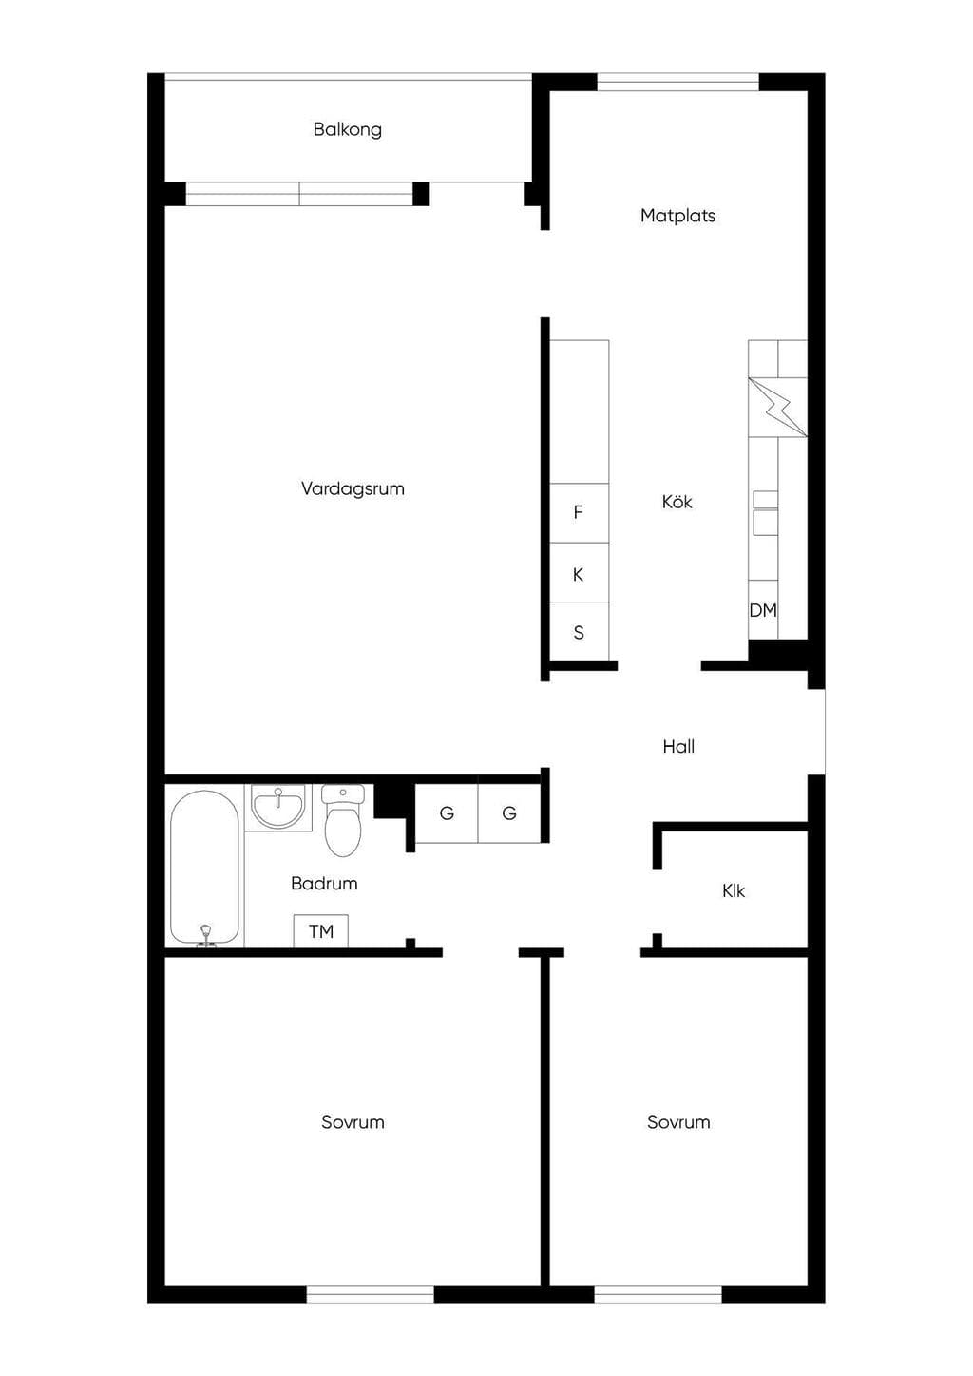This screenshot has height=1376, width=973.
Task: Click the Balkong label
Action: (x=347, y=129)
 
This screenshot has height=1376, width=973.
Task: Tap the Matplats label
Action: (x=677, y=216)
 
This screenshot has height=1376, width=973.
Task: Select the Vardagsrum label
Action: (x=353, y=489)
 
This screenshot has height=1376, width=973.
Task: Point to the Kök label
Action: (x=677, y=501)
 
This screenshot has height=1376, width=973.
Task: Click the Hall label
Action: (x=678, y=746)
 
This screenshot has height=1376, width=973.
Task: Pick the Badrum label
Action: (x=324, y=884)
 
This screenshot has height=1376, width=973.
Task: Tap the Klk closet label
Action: (x=733, y=890)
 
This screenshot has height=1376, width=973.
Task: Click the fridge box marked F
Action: (x=580, y=512)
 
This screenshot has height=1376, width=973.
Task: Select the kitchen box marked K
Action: (x=580, y=572)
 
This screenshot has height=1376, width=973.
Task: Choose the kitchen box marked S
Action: (x=580, y=632)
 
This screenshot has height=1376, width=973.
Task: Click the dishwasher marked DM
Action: (x=763, y=610)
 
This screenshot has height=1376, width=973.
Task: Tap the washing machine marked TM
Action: (x=320, y=931)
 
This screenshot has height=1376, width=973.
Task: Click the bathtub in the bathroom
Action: (x=204, y=869)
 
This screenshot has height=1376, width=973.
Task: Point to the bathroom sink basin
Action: (x=278, y=807)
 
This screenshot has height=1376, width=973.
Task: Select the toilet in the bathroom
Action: (x=343, y=820)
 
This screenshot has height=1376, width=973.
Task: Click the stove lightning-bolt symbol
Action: (x=777, y=408)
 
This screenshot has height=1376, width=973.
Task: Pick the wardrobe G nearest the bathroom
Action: (x=447, y=812)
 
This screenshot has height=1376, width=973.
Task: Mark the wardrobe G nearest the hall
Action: (x=509, y=812)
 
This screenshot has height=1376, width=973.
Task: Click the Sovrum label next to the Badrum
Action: (x=353, y=1122)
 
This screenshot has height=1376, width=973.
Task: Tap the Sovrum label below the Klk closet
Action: (x=678, y=1122)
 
